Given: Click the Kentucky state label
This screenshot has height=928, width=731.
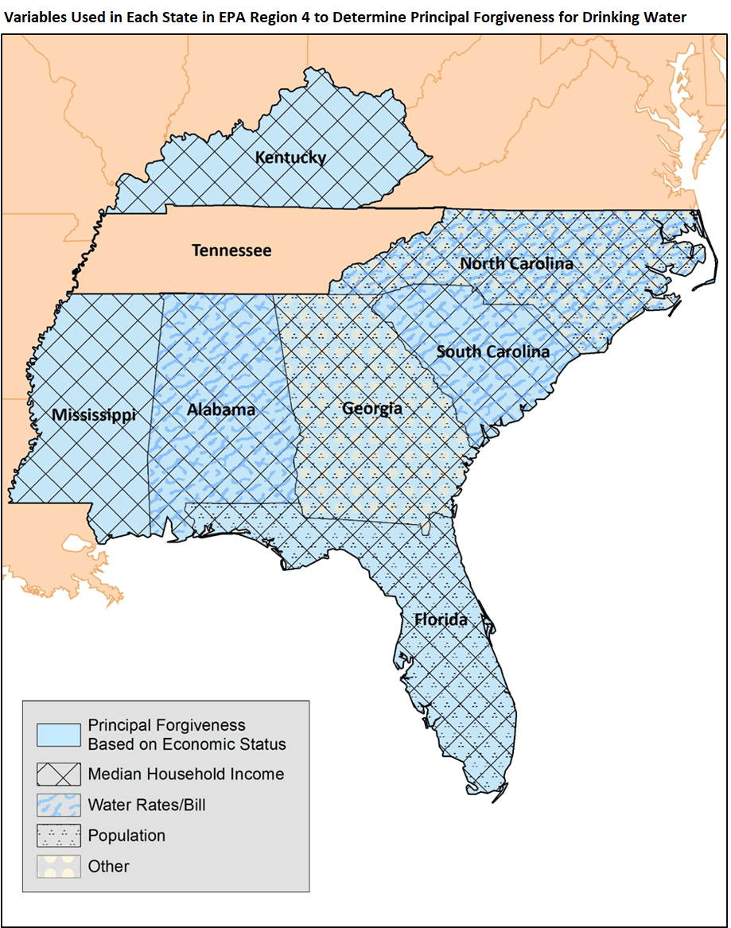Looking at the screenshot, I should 290,157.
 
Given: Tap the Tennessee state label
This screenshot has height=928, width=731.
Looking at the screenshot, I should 231,250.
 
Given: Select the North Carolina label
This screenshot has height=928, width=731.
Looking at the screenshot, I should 516,264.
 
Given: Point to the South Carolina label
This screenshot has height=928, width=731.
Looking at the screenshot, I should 492,351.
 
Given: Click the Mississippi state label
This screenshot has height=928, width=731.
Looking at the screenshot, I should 94,415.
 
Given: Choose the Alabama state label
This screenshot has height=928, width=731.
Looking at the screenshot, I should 221,410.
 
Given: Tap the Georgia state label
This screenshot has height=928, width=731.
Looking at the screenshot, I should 371,410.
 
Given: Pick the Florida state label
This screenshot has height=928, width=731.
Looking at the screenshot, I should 441,619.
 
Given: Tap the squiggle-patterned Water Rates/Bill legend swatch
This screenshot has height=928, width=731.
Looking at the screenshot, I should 59,806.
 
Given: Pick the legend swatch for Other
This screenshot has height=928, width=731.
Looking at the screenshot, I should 59,867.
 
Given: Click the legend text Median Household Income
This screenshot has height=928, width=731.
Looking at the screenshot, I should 186,774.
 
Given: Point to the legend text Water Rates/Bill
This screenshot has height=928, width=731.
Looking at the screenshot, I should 146,805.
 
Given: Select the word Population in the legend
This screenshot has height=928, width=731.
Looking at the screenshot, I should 126,836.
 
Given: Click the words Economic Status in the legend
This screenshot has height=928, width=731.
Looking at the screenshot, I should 224,744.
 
